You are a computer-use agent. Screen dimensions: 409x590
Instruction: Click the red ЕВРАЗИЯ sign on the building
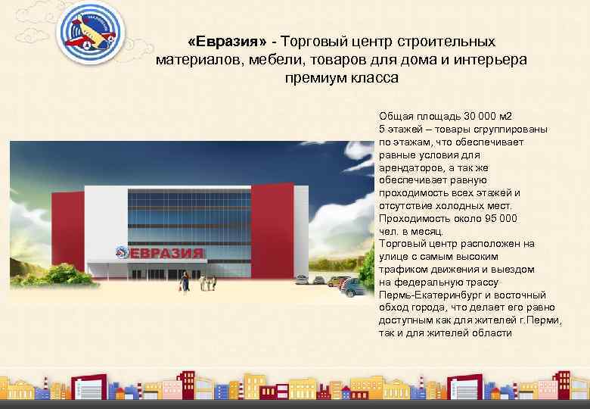(x=167, y=253)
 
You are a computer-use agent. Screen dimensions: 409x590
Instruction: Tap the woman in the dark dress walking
(x=182, y=282)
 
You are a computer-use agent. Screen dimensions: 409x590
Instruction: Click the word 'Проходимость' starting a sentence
(x=412, y=218)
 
